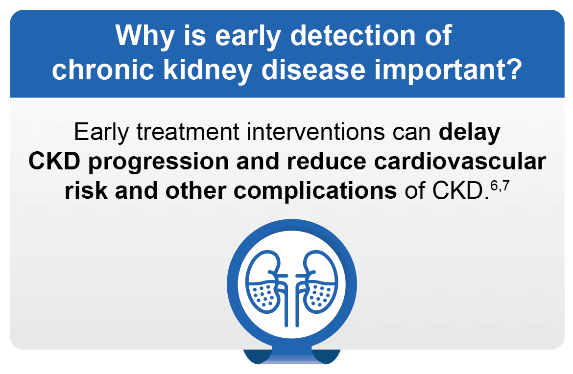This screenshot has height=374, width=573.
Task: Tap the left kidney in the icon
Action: pos(265,284)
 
